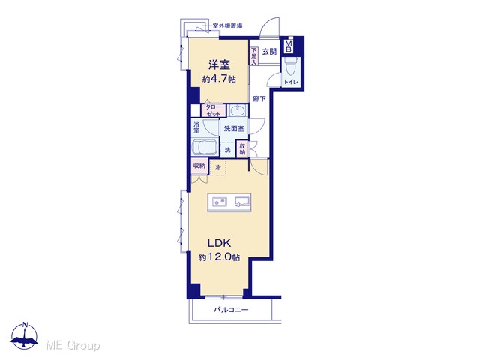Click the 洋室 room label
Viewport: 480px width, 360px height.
(x=219, y=65)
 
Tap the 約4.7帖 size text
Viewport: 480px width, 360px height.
(x=219, y=79)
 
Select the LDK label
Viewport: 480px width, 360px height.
(x=219, y=243)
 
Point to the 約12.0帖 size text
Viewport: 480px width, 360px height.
(x=219, y=256)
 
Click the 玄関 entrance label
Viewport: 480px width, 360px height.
(x=269, y=52)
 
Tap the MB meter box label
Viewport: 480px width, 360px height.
(x=288, y=46)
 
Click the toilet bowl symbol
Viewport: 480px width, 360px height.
(x=290, y=68)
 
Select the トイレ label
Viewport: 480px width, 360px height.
(x=291, y=82)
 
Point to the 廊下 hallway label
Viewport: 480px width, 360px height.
(x=259, y=99)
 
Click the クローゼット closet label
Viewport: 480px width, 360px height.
(x=213, y=110)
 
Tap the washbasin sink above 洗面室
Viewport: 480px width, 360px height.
(x=237, y=110)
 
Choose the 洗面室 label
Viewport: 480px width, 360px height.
(x=234, y=128)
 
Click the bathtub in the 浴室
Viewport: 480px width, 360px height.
(x=205, y=148)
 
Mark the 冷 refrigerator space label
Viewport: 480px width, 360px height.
(x=218, y=167)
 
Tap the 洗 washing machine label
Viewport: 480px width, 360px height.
(x=227, y=150)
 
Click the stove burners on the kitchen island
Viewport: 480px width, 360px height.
(x=220, y=202)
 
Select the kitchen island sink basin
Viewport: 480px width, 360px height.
(x=242, y=202)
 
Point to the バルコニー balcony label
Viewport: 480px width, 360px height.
(x=231, y=310)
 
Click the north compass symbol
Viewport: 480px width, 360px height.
(x=25, y=335)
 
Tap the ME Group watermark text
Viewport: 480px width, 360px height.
(x=73, y=345)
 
